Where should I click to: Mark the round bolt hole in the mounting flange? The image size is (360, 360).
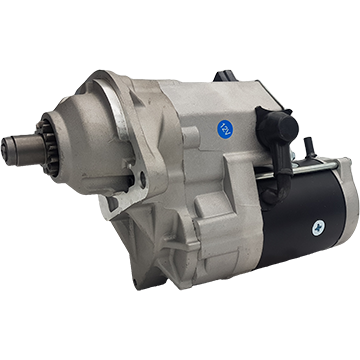(x=141, y=183)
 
